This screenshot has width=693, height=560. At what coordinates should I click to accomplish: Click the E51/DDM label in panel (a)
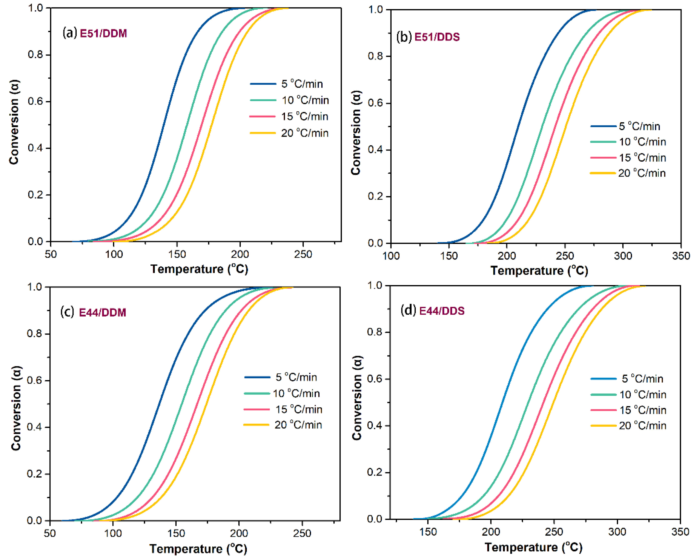click(103, 34)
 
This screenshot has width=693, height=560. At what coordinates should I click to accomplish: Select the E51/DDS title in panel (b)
click(437, 37)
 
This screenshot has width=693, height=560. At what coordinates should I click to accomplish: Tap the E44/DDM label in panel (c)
click(102, 313)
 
